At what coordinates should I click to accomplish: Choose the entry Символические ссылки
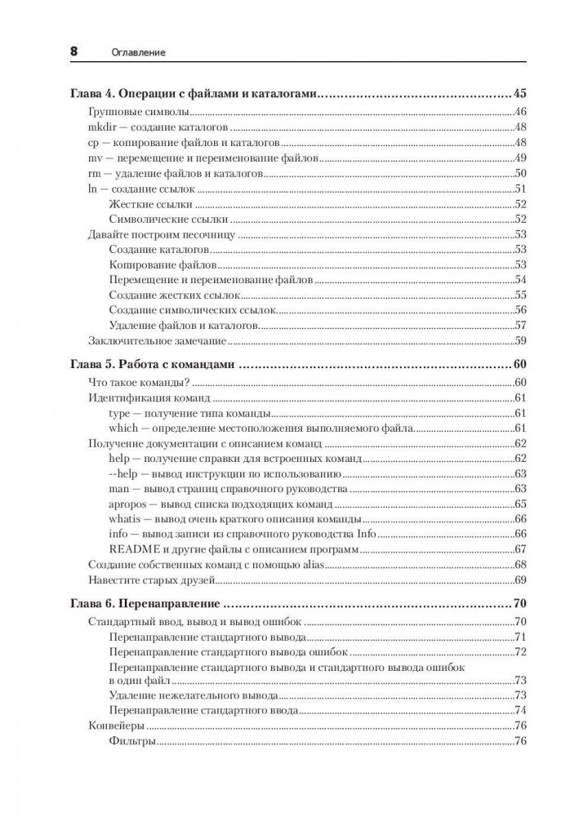167,220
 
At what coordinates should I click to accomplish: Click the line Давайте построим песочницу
160,235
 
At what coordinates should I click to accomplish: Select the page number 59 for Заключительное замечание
518,340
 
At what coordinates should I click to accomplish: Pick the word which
122,428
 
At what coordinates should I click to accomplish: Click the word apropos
127,504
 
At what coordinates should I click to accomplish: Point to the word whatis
124,519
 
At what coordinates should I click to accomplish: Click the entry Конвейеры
116,725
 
